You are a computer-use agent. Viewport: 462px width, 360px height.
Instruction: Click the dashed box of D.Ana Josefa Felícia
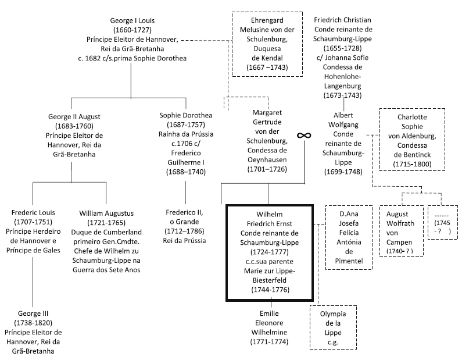pyautogui.click(x=349, y=237)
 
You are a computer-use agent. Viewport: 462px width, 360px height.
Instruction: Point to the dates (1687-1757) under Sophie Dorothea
pyautogui.click(x=185, y=126)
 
